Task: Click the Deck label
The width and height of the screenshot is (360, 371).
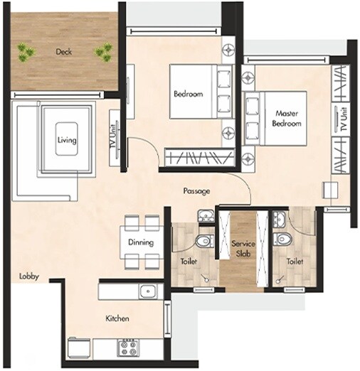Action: click(x=65, y=51)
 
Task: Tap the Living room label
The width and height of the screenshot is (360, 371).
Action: click(x=66, y=140)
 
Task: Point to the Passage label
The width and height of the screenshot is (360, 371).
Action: click(x=196, y=191)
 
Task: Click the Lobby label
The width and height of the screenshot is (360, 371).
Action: click(x=30, y=276)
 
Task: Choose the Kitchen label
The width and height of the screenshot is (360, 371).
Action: click(x=117, y=318)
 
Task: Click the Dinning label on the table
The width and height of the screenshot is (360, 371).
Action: click(x=141, y=242)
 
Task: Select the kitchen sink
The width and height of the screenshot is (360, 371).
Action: click(x=147, y=291)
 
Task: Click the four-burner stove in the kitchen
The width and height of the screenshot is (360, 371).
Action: click(x=128, y=348)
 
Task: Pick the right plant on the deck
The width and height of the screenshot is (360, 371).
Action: click(x=104, y=51)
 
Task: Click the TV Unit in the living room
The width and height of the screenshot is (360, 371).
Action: click(x=114, y=139)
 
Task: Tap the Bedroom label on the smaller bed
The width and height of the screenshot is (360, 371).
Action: click(x=188, y=94)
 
